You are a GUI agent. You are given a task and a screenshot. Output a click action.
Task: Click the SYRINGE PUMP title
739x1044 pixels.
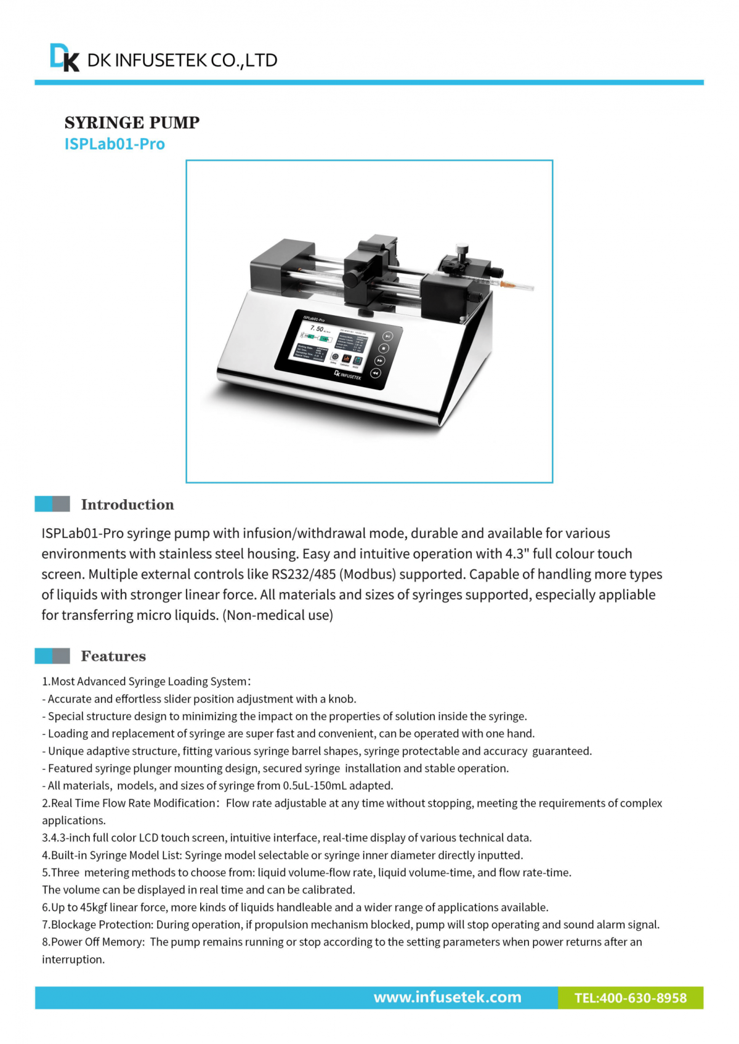click(x=132, y=122)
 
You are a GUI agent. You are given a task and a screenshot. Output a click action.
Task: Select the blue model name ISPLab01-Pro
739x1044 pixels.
click(x=115, y=144)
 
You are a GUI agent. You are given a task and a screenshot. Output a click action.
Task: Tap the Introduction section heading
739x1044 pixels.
click(x=127, y=505)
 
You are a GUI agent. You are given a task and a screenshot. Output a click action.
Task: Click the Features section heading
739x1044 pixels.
click(x=113, y=656)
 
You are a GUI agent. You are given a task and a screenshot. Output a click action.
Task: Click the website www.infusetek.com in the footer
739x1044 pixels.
click(x=447, y=997)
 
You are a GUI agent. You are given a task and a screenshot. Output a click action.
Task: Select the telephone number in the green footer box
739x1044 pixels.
click(x=630, y=998)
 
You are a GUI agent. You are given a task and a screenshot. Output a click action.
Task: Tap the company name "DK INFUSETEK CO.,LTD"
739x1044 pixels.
click(x=182, y=60)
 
